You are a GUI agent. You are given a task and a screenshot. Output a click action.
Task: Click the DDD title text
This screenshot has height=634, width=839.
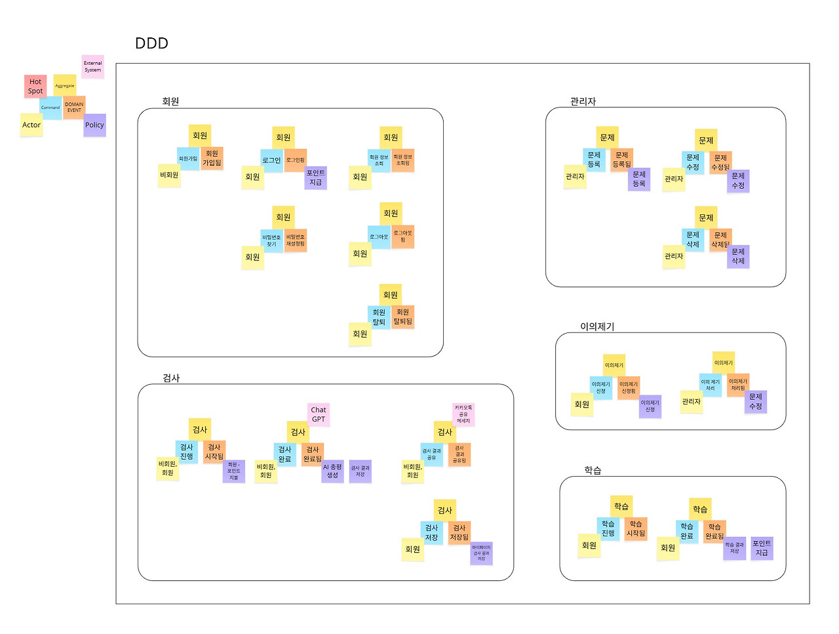151,43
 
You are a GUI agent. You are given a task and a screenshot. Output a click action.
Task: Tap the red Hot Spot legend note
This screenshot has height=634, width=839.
35,87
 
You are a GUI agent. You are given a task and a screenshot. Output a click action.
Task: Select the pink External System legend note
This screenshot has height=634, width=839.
92,67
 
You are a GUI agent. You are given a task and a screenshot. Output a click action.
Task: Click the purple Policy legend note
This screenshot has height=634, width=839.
94,125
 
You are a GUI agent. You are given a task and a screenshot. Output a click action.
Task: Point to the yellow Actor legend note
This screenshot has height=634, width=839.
31,125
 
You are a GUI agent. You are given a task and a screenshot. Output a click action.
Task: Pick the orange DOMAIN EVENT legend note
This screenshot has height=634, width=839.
74,107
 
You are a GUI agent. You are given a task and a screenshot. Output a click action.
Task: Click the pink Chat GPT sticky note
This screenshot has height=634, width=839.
319,414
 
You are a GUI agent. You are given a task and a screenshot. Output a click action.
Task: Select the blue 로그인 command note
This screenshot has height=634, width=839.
271,161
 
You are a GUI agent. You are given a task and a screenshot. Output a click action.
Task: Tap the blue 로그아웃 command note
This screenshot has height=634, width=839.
379,237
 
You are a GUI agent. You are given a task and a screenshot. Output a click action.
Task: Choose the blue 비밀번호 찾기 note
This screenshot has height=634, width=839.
271,241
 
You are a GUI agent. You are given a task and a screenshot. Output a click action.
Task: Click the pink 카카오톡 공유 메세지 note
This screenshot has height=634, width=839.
463,414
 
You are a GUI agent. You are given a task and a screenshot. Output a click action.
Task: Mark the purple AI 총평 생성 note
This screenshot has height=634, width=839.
332,471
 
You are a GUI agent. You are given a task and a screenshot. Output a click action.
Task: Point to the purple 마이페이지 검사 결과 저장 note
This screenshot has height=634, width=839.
481,553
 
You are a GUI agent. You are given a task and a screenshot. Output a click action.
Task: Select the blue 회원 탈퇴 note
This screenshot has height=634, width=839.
379,317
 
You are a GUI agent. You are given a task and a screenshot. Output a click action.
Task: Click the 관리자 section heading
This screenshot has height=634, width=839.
583,102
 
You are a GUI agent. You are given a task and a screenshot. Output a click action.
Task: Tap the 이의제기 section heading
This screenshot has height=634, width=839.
597,327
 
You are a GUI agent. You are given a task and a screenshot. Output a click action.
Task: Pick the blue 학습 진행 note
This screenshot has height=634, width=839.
608,528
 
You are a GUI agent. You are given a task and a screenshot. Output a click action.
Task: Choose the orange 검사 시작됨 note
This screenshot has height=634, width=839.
214,452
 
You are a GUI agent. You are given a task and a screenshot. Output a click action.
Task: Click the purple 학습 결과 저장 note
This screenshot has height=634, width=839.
734,548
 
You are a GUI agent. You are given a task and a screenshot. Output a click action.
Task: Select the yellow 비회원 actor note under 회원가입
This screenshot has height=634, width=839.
169,175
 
